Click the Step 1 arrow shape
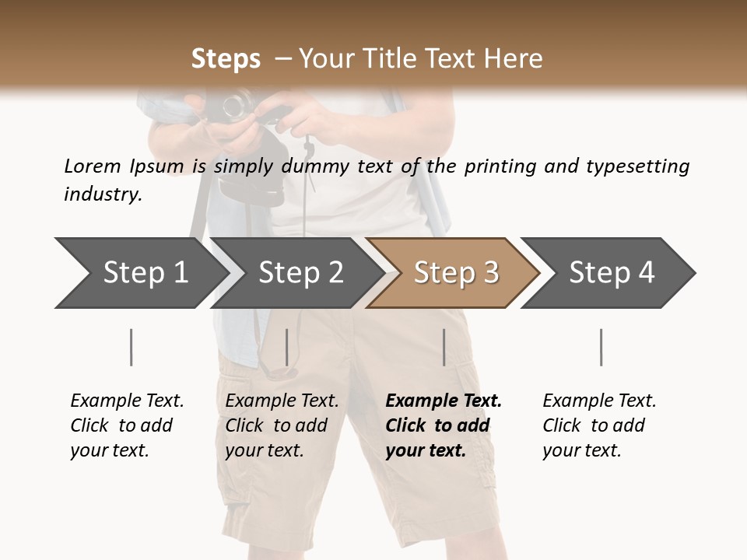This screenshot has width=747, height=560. point(140,273)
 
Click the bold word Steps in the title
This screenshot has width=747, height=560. point(226,59)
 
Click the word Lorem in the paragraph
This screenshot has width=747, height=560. point(92,166)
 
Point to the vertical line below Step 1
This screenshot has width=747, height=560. point(132,347)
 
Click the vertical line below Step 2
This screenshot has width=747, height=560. point(287,347)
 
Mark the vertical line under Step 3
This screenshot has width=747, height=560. point(444,347)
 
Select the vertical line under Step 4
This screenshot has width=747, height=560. point(601,347)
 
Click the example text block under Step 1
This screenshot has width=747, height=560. point(127,425)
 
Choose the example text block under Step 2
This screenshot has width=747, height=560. point(282,425)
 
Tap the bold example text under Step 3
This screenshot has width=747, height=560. point(444,425)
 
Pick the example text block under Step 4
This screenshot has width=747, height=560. point(599,425)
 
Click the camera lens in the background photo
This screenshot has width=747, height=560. point(236,107)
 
